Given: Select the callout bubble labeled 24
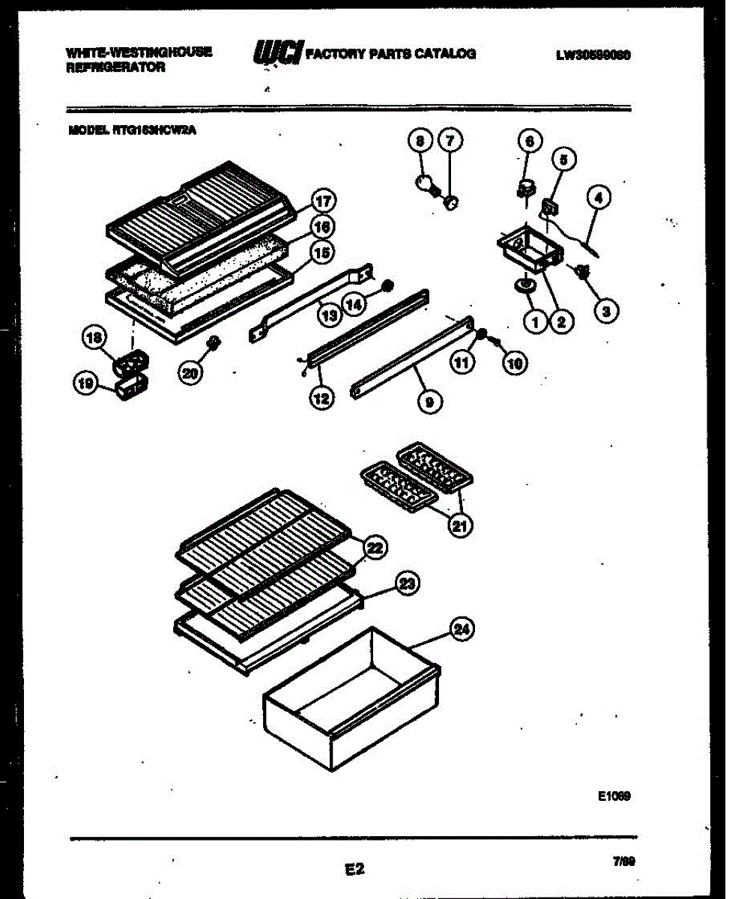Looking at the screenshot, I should coord(463,630).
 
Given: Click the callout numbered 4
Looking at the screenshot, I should coord(599,199).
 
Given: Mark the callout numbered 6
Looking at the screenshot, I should coord(529,141).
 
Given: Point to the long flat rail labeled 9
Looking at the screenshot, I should coord(412,357).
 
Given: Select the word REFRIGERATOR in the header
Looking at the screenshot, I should coord(115,67).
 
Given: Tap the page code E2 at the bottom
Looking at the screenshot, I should coord(354,869).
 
